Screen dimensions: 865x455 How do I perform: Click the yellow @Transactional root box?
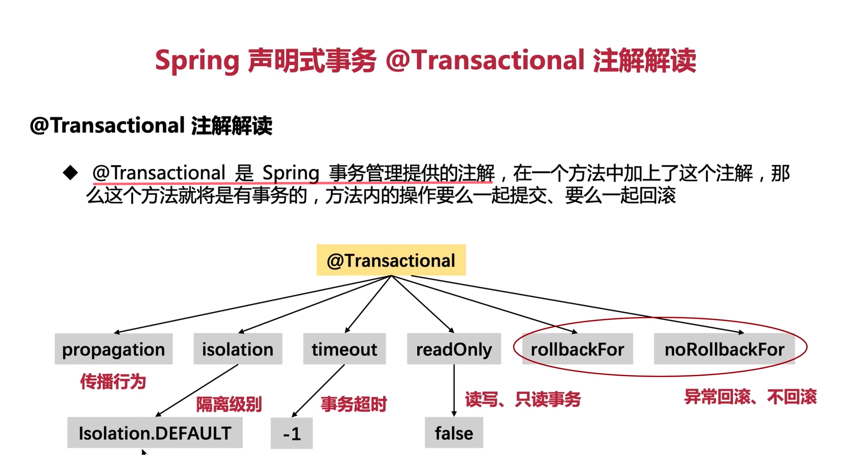point(391,260)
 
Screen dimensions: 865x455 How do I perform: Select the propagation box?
point(113,349)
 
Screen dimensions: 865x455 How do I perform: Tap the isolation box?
point(238,349)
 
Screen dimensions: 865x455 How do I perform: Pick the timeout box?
point(344,349)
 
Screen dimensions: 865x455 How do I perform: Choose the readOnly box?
point(454,349)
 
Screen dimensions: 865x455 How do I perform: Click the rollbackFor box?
point(577,349)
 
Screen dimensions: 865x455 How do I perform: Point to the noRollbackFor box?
point(724,349)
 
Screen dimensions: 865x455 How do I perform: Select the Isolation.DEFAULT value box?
point(155,433)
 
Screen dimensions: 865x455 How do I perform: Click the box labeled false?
point(454,433)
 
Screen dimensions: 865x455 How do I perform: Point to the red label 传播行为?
point(113,382)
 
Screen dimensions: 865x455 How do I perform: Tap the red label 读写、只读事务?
point(523,399)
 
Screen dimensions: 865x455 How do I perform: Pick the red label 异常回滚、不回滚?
point(750,397)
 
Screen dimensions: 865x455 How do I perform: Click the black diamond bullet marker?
point(70,173)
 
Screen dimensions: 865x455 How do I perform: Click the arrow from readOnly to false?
point(454,389)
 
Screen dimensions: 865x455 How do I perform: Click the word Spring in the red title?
point(197,61)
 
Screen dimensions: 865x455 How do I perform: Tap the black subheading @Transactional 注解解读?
point(151,125)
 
